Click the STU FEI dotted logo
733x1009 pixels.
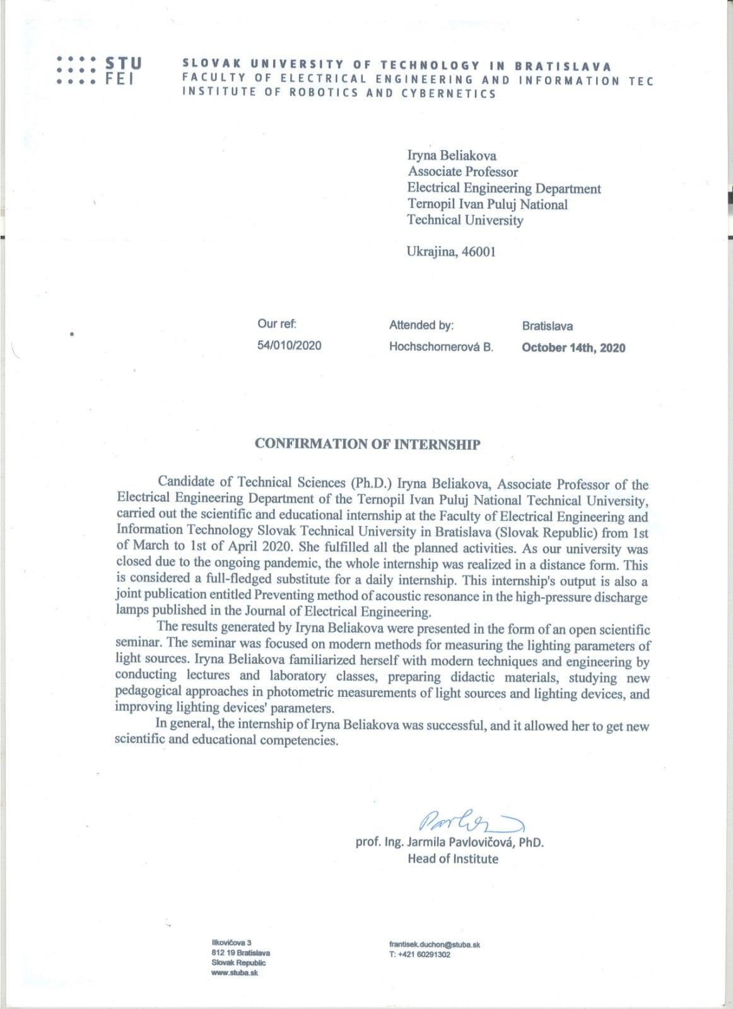coord(98,71)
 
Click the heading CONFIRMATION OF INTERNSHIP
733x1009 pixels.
coord(367,444)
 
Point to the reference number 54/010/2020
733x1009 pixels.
coord(289,346)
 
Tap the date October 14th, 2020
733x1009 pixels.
coord(573,348)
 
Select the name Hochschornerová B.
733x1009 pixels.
coord(441,347)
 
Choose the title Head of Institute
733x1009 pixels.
coord(452,859)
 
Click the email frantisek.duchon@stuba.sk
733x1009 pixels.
coord(435,945)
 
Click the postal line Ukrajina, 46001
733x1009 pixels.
coord(451,252)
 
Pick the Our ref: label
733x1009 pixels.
coord(277,324)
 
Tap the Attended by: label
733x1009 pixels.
coord(421,325)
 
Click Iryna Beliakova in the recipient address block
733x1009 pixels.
coord(452,156)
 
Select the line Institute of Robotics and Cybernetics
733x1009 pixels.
coord(339,93)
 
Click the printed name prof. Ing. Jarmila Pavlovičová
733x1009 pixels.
coord(449,842)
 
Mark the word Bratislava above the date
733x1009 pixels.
coord(547,326)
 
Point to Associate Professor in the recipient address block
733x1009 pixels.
coord(462,172)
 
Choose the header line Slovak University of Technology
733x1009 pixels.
coord(396,65)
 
